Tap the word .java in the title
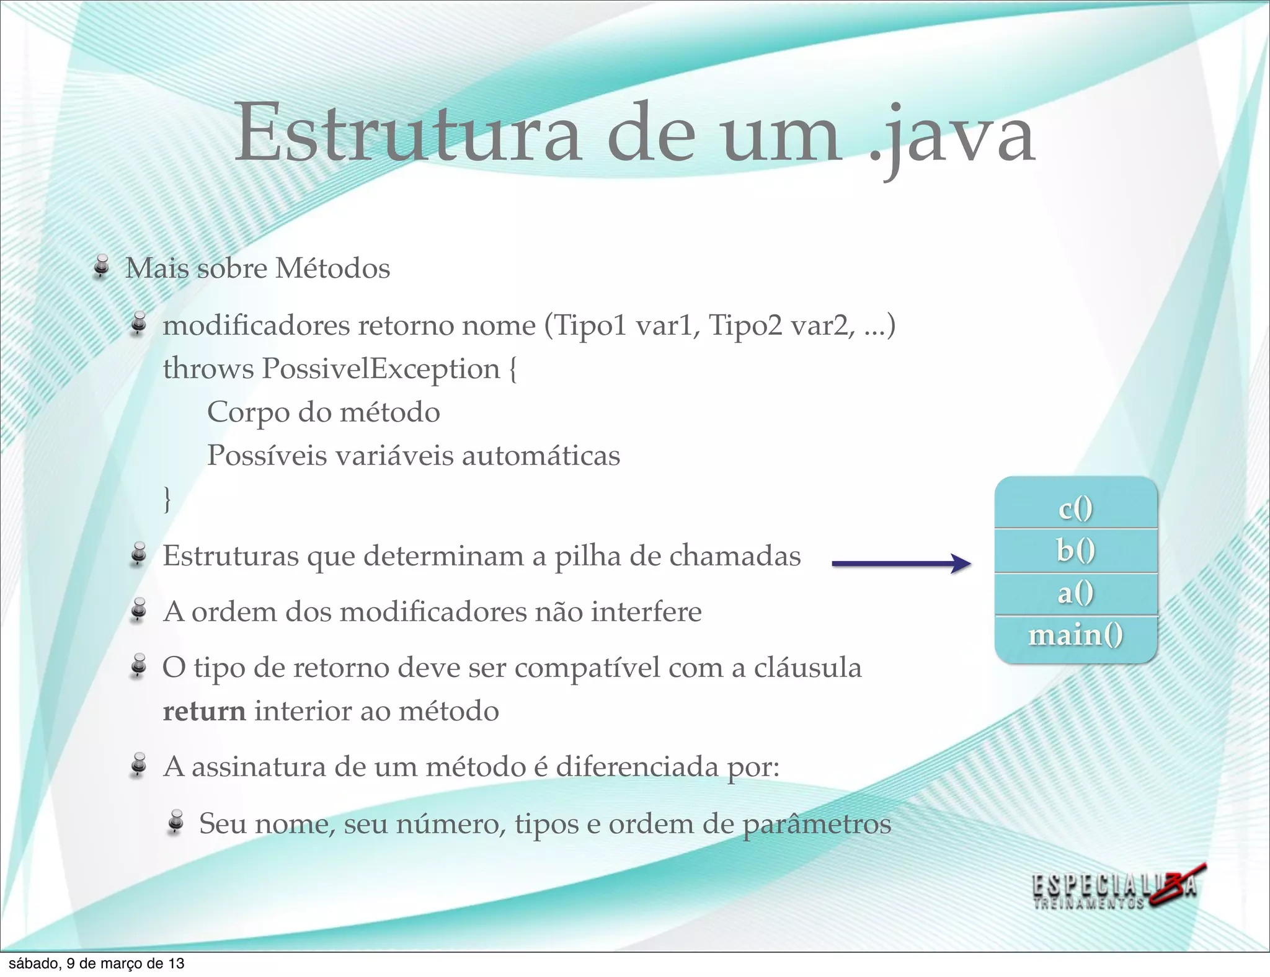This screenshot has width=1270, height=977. [x=952, y=136]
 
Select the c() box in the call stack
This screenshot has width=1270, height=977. [x=1076, y=508]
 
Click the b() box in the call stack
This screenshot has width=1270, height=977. [x=1076, y=550]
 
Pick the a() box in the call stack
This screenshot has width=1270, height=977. [x=1076, y=593]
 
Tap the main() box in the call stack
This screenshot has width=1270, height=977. [x=1076, y=635]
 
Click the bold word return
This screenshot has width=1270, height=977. [x=204, y=711]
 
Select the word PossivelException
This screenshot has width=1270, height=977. [x=381, y=369]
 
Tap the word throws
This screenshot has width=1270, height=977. [x=208, y=369]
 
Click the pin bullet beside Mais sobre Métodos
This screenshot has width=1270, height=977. [x=102, y=267]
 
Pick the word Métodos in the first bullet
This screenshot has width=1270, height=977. [x=332, y=268]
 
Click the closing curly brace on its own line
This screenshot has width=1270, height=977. [x=167, y=498]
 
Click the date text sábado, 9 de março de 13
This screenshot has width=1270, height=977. [x=96, y=963]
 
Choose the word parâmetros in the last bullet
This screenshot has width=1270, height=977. [x=817, y=824]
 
